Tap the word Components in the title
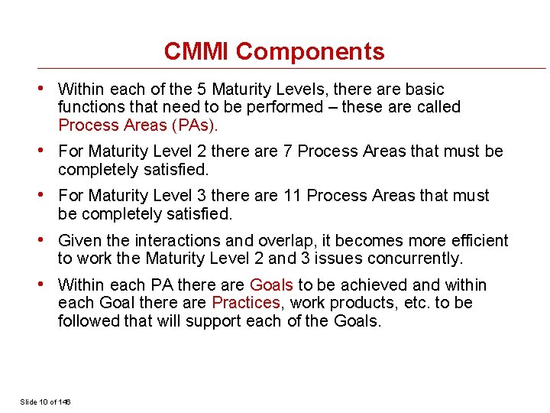[x=310, y=52]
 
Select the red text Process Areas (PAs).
[x=138, y=125]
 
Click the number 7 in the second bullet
[x=288, y=151]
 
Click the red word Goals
[x=271, y=285]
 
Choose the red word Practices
[x=246, y=303]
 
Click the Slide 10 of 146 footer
[x=45, y=402]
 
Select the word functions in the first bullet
[x=92, y=107]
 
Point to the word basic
[x=424, y=89]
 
